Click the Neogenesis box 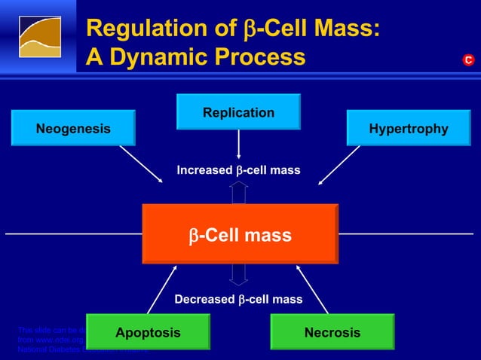(73, 128)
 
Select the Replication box (238, 112)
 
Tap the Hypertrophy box (408, 128)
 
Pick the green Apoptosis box (148, 332)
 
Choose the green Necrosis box (332, 332)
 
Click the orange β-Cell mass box (240, 235)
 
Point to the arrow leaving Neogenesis (141, 164)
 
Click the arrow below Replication (238, 145)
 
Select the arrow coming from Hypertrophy (339, 164)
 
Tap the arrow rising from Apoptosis (161, 289)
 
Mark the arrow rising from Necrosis (312, 289)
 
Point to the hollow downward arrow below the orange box (238, 274)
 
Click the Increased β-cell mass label (238, 171)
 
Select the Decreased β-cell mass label (238, 300)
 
